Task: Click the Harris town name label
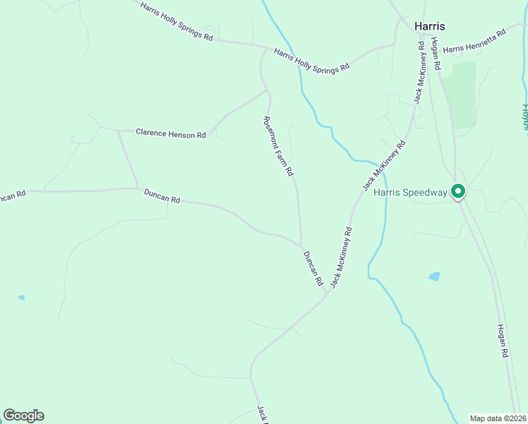click(x=429, y=26)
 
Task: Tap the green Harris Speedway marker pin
click(x=457, y=191)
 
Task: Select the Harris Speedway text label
click(x=410, y=192)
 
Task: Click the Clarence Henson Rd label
click(x=170, y=133)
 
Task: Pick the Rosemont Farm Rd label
click(x=278, y=146)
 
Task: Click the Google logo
click(x=24, y=416)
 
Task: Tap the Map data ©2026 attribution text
click(x=498, y=418)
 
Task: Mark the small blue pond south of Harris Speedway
click(x=434, y=276)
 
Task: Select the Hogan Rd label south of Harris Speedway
click(x=503, y=341)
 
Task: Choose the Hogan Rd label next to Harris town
click(x=436, y=54)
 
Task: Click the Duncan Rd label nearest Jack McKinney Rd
click(x=313, y=269)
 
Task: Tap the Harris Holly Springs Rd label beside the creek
click(x=311, y=60)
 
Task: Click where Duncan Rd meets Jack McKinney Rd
click(x=325, y=296)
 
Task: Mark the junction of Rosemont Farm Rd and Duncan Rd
click(x=301, y=245)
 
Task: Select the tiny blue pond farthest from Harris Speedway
click(x=21, y=298)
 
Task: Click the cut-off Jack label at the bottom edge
click(x=260, y=414)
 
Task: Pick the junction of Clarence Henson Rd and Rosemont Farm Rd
click(x=267, y=90)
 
